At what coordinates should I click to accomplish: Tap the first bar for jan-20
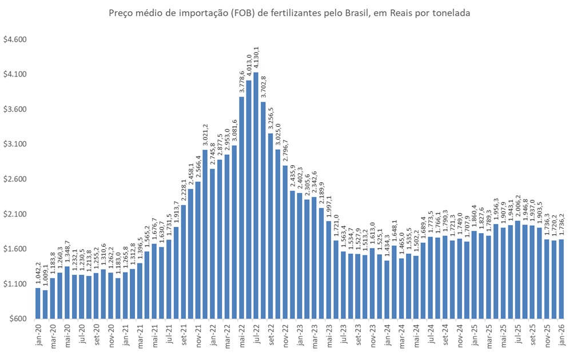click(x=38, y=303)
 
